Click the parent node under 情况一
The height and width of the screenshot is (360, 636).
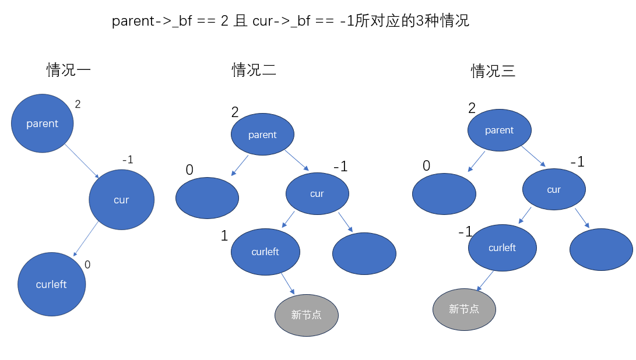[x=43, y=123]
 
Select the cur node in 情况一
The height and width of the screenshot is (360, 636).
[x=121, y=200]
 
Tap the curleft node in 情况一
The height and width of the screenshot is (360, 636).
[x=51, y=284]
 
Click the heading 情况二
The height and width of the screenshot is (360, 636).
[x=254, y=70]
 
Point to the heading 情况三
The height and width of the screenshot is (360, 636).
[x=493, y=72]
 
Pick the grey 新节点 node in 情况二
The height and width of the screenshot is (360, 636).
[x=307, y=315]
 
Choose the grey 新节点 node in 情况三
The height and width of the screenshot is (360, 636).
[x=464, y=309]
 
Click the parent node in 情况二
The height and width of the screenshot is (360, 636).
[x=262, y=135]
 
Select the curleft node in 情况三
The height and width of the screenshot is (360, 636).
[x=503, y=248]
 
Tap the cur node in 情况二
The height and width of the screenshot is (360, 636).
[x=317, y=193]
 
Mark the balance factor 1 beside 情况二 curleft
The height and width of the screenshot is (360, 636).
[x=224, y=236]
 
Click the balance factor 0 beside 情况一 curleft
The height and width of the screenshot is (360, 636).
[x=87, y=264]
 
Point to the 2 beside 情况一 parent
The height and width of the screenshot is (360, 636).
[x=78, y=105]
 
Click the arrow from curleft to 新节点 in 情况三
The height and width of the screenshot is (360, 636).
[x=486, y=281]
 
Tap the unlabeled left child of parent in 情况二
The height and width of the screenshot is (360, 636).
[x=207, y=198]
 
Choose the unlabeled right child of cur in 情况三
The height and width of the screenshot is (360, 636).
[x=601, y=250]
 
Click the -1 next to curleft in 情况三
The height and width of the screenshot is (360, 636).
[x=465, y=232]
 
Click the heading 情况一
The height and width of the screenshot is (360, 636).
[x=68, y=70]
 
